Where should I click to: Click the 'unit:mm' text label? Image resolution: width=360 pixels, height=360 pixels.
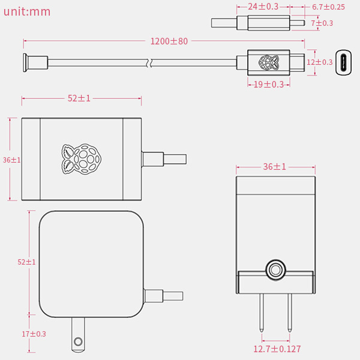[27, 12]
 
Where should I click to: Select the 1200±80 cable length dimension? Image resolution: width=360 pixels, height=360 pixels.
[169, 41]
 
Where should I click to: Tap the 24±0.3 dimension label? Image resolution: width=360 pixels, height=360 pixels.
[263, 7]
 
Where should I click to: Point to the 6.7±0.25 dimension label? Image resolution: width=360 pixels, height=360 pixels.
[328, 7]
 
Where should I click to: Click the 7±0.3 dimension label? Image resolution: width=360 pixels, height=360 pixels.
[322, 23]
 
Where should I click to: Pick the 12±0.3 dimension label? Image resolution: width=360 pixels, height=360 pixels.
[320, 62]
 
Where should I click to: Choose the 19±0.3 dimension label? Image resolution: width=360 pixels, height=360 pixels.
[269, 85]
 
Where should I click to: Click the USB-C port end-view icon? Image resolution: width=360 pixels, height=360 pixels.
[343, 62]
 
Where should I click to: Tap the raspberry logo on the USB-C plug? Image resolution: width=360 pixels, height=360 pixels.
[269, 62]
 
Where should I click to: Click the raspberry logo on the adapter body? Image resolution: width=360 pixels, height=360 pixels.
[81, 159]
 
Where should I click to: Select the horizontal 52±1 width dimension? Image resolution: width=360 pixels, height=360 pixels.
[79, 98]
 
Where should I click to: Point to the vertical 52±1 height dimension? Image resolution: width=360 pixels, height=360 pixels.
[26, 262]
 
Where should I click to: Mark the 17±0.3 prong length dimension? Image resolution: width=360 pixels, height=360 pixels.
[34, 334]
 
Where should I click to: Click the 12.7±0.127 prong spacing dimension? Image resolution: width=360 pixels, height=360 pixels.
[277, 349]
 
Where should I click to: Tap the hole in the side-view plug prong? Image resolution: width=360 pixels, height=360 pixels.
[78, 341]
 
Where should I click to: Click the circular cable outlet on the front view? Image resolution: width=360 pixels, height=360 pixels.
[275, 270]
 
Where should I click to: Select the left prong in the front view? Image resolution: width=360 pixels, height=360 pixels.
[262, 313]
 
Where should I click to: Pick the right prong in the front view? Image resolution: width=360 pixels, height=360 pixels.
[290, 313]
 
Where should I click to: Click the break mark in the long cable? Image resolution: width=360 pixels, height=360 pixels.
[149, 62]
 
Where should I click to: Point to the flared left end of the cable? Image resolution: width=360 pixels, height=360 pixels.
[25, 62]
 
